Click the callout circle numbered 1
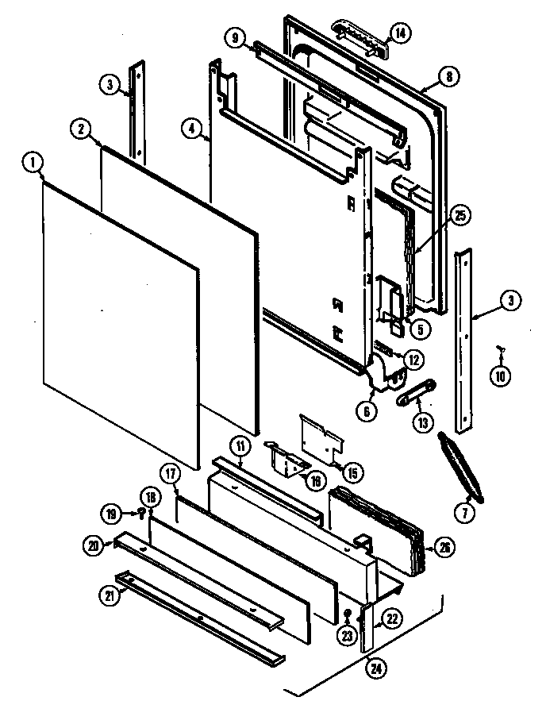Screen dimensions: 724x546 32,164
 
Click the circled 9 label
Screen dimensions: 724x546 235,36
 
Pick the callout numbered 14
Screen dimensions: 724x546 399,33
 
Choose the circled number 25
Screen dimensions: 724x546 459,216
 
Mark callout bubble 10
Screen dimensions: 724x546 500,375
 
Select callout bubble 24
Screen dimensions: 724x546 375,668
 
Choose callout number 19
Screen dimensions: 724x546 113,515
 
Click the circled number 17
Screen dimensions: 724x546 171,474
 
